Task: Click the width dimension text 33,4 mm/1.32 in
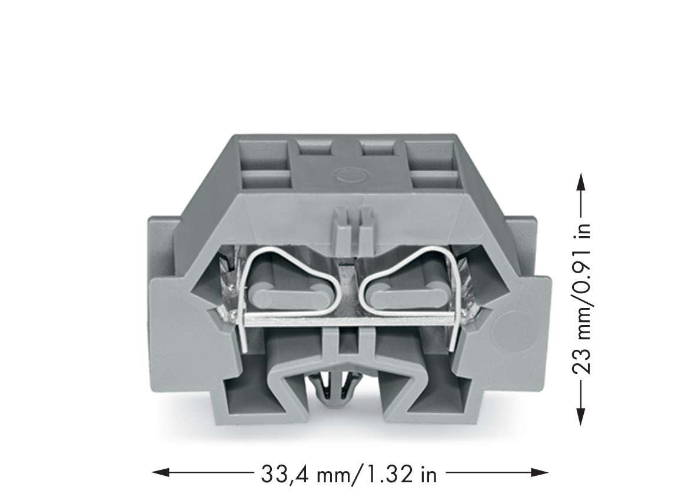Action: (x=348, y=474)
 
